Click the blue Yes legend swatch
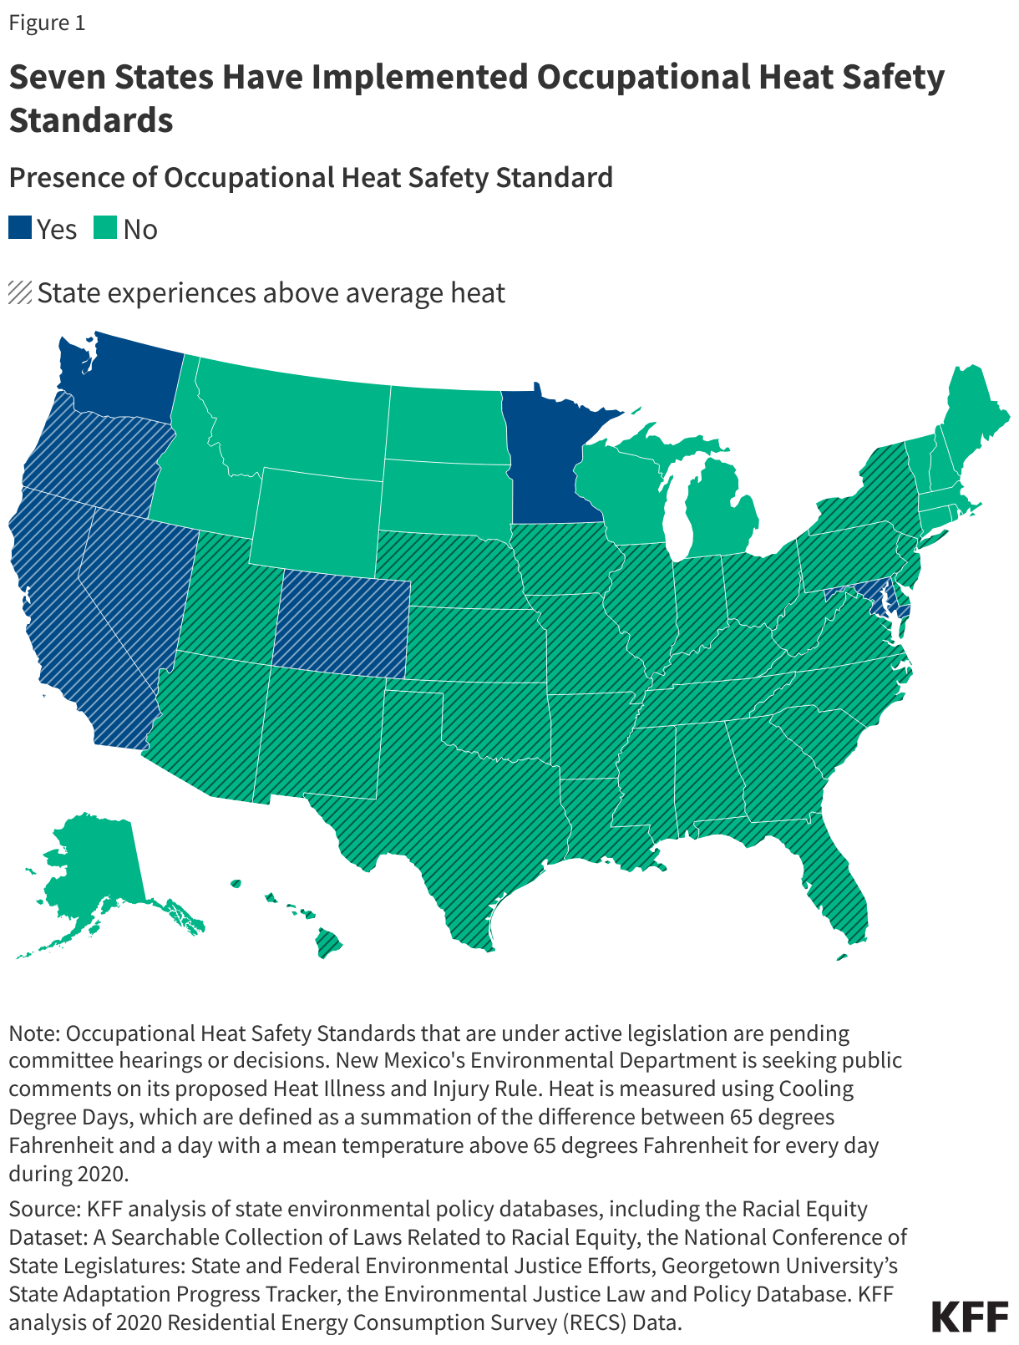coord(20,228)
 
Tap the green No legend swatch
coord(105,228)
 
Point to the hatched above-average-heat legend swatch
coord(20,293)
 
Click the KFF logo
coord(970,1316)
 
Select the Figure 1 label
coord(47,23)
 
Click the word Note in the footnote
coord(33,1033)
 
